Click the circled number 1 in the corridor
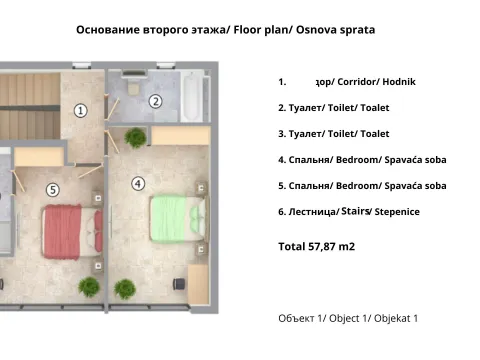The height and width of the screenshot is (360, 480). [x=81, y=110]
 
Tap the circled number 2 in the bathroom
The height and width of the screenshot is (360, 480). [x=155, y=100]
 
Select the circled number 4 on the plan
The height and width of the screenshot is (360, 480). [x=138, y=183]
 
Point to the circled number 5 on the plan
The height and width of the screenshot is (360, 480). [x=53, y=188]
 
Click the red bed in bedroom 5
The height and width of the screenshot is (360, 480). [x=69, y=231]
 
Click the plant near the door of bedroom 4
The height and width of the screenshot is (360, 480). [x=136, y=137]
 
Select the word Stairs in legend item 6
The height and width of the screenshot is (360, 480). [x=355, y=211]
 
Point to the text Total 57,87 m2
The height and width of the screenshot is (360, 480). [x=317, y=245]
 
